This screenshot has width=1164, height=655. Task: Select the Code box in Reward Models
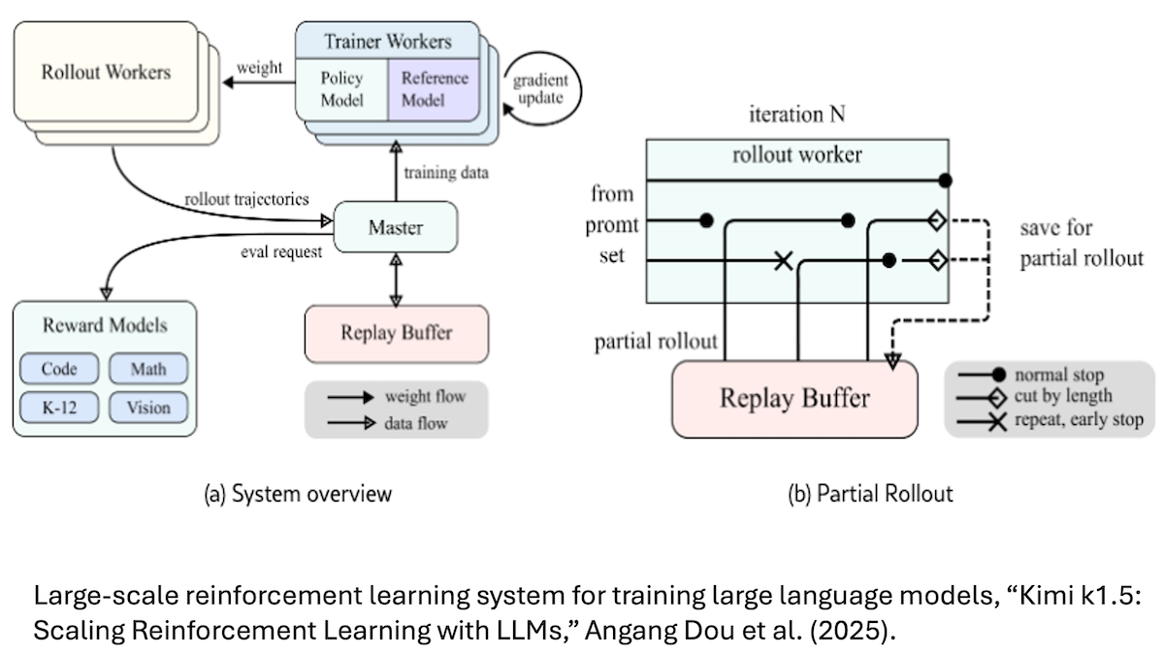click(x=59, y=369)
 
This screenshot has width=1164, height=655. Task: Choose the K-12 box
click(x=59, y=408)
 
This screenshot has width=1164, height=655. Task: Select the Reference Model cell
click(x=435, y=88)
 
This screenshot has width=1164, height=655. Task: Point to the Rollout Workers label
click(x=106, y=72)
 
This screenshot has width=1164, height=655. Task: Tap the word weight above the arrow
click(x=259, y=67)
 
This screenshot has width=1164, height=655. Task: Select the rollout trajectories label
click(x=246, y=199)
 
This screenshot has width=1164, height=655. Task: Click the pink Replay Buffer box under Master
click(x=396, y=333)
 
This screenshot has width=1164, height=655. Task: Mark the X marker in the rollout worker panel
click(x=783, y=260)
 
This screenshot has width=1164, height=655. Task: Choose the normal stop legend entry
click(x=1057, y=375)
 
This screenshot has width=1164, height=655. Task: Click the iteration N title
click(x=796, y=115)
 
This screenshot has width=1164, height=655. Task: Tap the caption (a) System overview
click(x=298, y=493)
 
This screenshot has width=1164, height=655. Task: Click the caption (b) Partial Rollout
click(x=869, y=493)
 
